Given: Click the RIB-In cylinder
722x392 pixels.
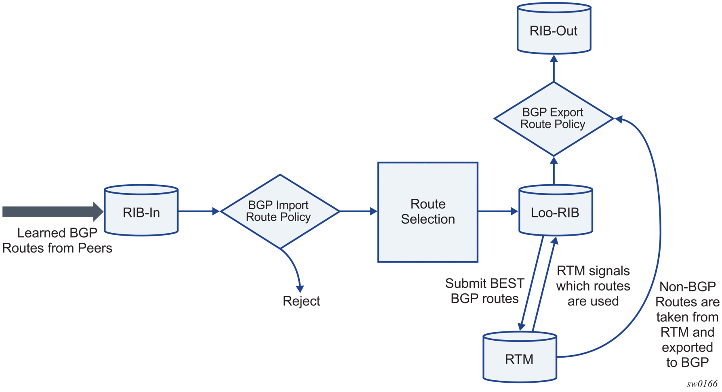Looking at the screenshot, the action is coord(141,210).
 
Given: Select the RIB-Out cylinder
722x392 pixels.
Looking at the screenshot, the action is coord(554,28).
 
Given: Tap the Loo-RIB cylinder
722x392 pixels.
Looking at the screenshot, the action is coord(556,210).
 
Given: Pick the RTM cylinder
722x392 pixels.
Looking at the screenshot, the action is coord(520,357).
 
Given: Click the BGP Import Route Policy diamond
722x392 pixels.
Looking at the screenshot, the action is coord(280,211).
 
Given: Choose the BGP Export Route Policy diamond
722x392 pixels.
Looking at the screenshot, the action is coord(554,119).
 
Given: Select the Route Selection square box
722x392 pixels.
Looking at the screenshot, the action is coord(428,212).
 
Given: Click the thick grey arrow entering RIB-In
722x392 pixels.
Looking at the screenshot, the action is coord(53,211).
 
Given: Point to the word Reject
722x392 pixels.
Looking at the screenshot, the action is coord(301,301).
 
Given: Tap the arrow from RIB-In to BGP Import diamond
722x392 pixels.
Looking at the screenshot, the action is coord(199,211).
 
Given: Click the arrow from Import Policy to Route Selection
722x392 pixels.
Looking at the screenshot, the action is coord(358,211).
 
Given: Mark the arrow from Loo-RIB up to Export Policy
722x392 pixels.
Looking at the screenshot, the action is coord(554,171).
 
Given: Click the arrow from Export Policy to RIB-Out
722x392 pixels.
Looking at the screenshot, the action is coord(554,68).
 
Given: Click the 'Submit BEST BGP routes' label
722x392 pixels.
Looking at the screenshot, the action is coord(484,291).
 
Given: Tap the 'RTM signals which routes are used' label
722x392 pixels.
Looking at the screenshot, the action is coord(593,286).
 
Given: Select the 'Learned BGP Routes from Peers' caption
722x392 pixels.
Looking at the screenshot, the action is coord(57,240).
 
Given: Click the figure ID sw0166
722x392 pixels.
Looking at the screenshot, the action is coord(702,384).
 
